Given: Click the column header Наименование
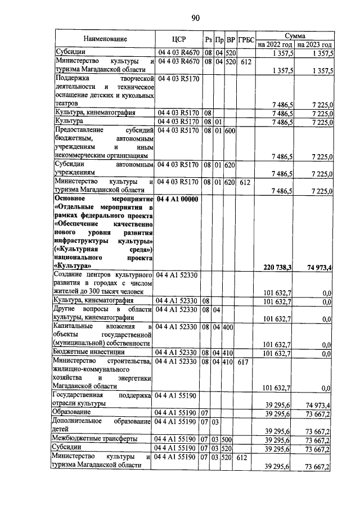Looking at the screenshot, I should click(105, 39).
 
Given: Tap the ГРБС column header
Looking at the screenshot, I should click(245, 39).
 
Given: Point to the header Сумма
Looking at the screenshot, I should click(294, 34).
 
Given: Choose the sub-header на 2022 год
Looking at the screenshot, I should click(275, 44).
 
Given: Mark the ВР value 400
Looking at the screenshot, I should click(229, 326).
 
